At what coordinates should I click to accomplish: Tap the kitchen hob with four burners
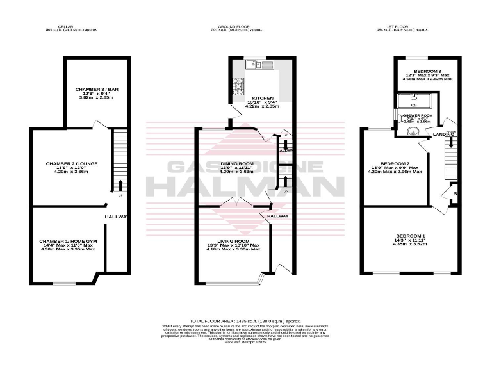(238, 85)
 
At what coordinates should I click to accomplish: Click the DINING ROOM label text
(237, 163)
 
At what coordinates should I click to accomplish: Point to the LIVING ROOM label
(233, 241)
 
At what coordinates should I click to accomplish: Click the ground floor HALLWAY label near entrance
(278, 216)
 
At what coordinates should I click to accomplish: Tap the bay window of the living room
(261, 278)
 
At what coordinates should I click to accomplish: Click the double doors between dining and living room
(237, 202)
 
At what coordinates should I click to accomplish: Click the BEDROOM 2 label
(395, 163)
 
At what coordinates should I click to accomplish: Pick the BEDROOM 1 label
(409, 236)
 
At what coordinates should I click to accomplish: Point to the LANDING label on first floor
(443, 134)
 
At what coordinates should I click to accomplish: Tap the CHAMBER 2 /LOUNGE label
(72, 163)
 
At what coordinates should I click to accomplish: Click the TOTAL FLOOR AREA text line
(245, 320)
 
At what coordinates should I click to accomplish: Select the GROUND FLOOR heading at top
(237, 26)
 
